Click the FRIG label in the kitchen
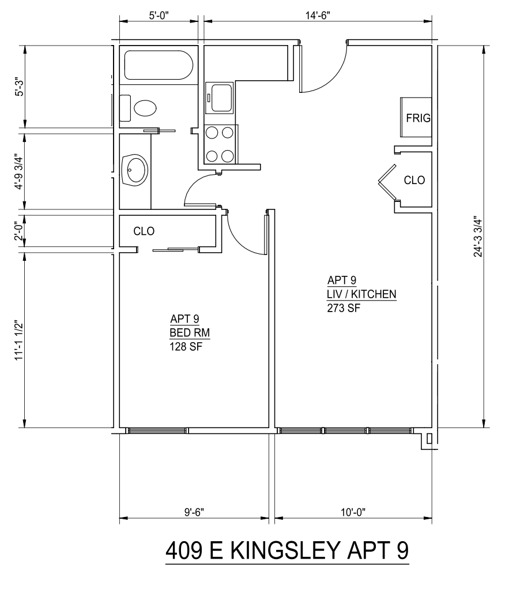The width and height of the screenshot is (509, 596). [418, 118]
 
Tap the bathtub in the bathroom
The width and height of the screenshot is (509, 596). [159, 65]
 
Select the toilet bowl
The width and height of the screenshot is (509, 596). [145, 108]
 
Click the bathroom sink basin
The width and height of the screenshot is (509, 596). [135, 170]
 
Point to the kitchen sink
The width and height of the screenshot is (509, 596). [220, 98]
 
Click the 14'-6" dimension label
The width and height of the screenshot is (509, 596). [318, 16]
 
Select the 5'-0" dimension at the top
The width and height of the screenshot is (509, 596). [159, 16]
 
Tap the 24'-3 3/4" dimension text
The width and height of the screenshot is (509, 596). [478, 237]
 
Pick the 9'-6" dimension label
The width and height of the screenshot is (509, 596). [194, 512]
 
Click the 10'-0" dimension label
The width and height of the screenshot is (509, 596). [353, 512]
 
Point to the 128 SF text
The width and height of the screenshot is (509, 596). [186, 347]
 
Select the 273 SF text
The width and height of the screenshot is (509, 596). [344, 308]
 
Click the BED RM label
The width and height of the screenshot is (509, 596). [190, 333]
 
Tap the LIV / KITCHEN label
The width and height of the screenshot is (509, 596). [362, 294]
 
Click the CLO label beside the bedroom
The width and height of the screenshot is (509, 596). [144, 231]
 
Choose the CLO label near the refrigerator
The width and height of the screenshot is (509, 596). [414, 180]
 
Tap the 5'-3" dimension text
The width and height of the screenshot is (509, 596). [20, 87]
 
